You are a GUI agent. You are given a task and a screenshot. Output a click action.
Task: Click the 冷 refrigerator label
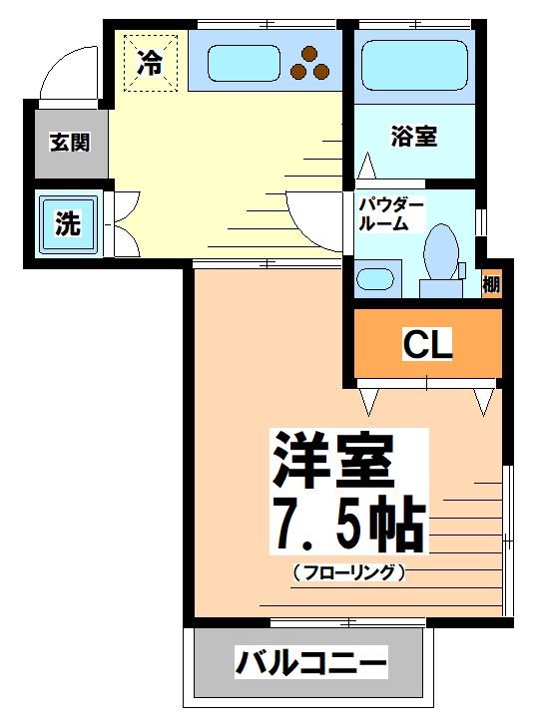point(150,65)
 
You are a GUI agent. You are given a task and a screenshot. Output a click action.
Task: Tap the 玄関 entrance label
point(70,142)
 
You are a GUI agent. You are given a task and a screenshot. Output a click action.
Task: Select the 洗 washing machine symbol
point(68,223)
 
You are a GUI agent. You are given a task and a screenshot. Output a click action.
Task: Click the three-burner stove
point(308,63)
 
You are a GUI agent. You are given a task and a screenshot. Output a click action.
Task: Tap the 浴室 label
point(413,138)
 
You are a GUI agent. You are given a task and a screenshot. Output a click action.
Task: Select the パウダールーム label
point(391,214)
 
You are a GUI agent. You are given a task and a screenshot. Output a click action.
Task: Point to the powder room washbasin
point(377,277)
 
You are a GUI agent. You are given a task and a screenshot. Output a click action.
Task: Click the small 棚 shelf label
point(491,284)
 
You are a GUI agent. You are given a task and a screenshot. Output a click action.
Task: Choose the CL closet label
point(427,344)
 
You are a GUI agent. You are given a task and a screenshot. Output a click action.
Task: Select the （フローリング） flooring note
point(349,573)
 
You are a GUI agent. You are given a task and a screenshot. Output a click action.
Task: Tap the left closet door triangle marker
point(370,401)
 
